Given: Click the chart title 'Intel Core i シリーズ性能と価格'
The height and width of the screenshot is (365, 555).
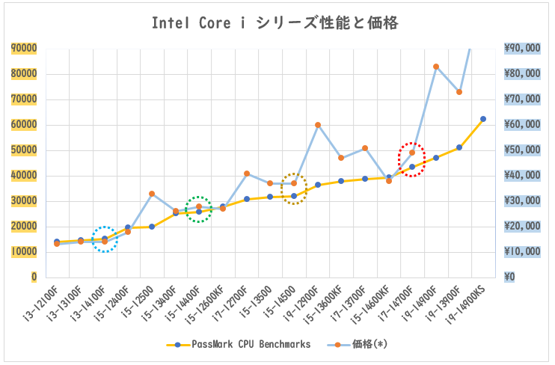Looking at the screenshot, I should [275, 23].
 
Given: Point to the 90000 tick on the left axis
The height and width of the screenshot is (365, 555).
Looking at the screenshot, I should [24, 49].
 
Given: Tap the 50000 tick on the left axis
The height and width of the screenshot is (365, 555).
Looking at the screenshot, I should [24, 150].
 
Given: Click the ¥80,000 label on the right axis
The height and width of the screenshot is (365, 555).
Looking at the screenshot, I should [522, 74].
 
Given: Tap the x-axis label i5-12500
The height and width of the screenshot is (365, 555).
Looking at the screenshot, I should [142, 302].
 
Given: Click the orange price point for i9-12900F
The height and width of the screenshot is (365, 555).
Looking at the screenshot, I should [318, 125].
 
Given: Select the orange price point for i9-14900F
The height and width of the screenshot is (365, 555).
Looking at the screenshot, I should [436, 67].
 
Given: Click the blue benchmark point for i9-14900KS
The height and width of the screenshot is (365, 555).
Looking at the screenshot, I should [483, 119].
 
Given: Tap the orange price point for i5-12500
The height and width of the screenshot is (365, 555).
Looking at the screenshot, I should [152, 194].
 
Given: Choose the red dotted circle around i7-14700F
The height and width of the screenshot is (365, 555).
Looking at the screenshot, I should [411, 159].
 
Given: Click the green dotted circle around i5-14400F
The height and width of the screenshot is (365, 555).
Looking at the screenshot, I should [199, 209].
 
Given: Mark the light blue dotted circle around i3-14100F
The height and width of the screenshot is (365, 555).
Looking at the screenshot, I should [105, 239].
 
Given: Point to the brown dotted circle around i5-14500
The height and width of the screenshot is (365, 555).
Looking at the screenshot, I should [294, 188].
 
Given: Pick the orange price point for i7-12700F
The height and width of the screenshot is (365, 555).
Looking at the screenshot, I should [247, 174].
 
